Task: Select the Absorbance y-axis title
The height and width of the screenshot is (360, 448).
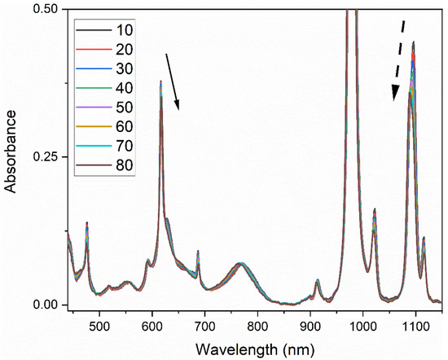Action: pos(11,157)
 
